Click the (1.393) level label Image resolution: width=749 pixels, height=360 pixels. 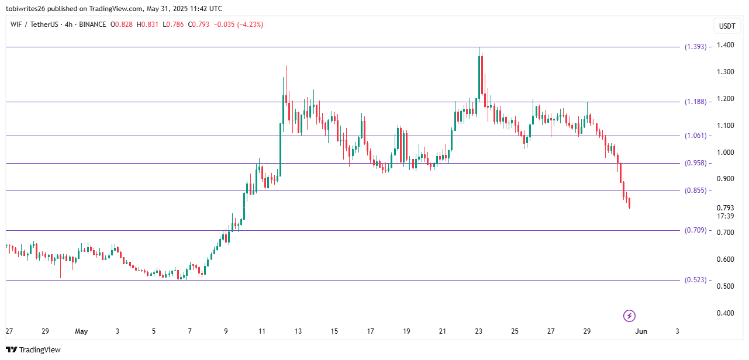point(695,47)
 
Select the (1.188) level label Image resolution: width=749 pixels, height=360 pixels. point(695,102)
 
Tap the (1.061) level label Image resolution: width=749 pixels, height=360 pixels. point(695,136)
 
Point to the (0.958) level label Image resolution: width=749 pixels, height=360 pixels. point(695,163)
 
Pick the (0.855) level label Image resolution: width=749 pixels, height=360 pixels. point(695,191)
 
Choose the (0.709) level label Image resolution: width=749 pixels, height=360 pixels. point(695,230)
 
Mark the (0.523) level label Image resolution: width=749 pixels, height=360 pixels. point(695,280)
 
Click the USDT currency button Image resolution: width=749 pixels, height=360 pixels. point(727,26)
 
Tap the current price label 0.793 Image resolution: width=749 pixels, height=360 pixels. point(726,208)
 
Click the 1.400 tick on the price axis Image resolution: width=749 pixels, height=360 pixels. point(726,45)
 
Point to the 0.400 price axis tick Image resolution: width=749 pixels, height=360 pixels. point(726,313)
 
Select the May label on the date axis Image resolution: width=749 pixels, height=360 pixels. point(81,331)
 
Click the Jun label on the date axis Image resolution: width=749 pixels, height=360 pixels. point(641,331)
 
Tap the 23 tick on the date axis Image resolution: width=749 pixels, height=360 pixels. point(478,331)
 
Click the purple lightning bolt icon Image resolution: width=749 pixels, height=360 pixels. point(629,316)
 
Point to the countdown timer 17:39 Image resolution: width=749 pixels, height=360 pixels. point(726,216)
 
